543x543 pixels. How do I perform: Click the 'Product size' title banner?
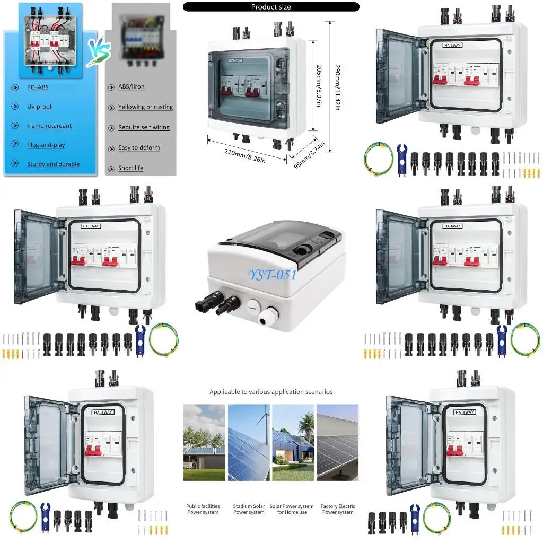click(x=271, y=7)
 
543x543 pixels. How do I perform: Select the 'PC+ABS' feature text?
click(x=38, y=87)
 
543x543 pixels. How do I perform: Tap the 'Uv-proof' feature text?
click(x=39, y=107)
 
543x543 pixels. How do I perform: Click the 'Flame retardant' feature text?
click(x=49, y=126)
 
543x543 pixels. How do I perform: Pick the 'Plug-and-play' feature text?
click(x=46, y=145)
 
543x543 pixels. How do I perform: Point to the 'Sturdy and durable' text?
click(x=53, y=164)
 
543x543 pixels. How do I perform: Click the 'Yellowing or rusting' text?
click(x=145, y=107)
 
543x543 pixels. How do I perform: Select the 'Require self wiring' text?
click(x=144, y=127)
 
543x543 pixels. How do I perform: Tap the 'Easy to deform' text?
click(x=139, y=147)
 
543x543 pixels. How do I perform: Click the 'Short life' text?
click(x=130, y=168)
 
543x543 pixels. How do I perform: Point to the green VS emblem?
click(x=99, y=52)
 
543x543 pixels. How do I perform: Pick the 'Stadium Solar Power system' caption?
click(x=249, y=509)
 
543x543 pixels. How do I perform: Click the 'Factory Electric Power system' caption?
click(x=338, y=509)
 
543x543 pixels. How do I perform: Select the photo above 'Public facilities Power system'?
click(x=204, y=442)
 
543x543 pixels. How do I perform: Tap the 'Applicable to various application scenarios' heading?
click(x=271, y=392)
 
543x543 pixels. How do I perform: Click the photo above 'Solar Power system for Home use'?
click(x=293, y=442)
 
